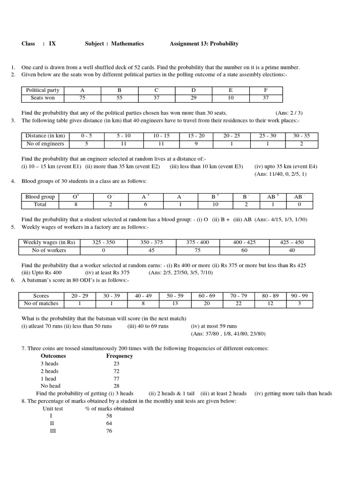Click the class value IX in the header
click(x=52, y=44)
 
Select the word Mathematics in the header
click(x=127, y=44)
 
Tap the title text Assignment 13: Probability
click(x=204, y=44)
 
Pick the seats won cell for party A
click(x=83, y=98)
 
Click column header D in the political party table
click(x=193, y=90)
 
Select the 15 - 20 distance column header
click(x=197, y=136)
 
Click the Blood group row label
click(x=40, y=197)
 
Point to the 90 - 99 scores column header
click(x=299, y=296)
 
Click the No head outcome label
click(x=51, y=386)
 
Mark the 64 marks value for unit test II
click(x=109, y=423)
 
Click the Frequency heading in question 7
click(x=120, y=356)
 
